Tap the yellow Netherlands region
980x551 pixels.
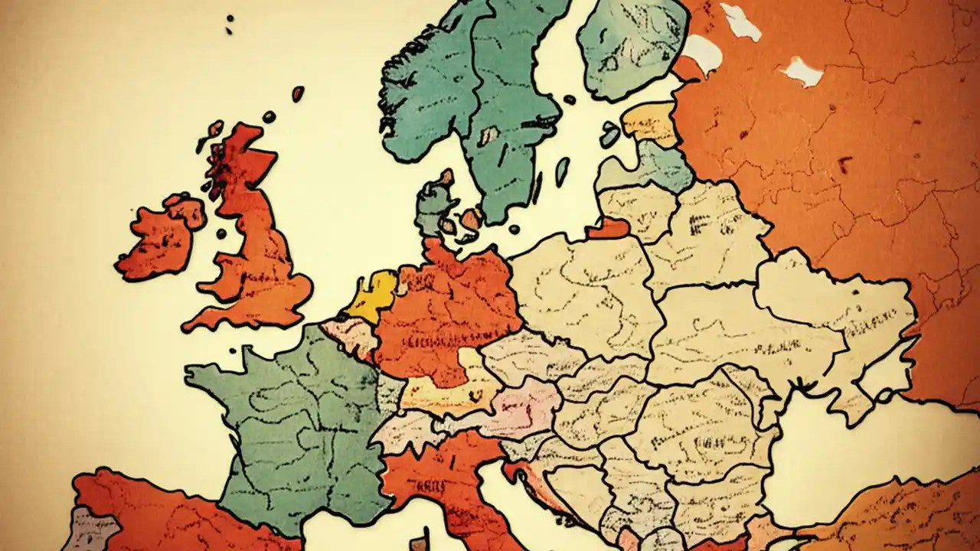tap(373, 295)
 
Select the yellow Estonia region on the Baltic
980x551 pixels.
tap(651, 122)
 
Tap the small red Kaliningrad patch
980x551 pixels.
tap(609, 228)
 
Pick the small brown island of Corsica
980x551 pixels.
tap(418, 544)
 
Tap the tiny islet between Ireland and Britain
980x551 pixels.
tap(221, 233)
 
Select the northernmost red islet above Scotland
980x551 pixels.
tap(298, 93)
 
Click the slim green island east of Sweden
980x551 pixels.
tap(562, 171)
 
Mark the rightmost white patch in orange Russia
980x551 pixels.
tap(802, 73)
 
